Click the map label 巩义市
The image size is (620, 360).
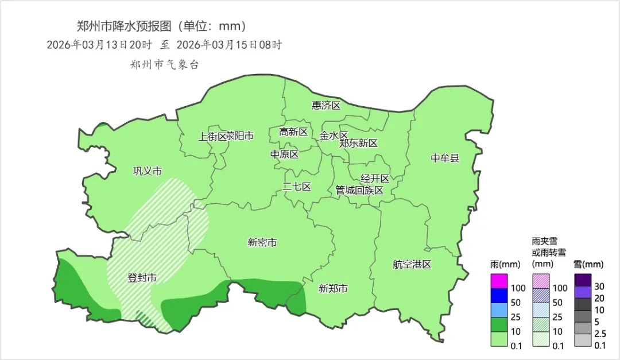pyautogui.click(x=148, y=171)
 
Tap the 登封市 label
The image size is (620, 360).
pyautogui.click(x=142, y=278)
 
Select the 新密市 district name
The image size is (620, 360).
pyautogui.click(x=262, y=243)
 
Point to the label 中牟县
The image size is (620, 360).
pyautogui.click(x=445, y=158)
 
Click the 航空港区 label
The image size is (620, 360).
pyautogui.click(x=412, y=265)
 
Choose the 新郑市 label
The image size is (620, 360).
pyautogui.click(x=333, y=289)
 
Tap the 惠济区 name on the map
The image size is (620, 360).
pyautogui.click(x=326, y=106)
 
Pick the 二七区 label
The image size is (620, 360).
pyautogui.click(x=297, y=187)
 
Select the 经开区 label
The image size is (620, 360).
pyautogui.click(x=375, y=179)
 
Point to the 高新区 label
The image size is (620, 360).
pyautogui.click(x=293, y=132)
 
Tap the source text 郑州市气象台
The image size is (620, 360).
pyautogui.click(x=164, y=65)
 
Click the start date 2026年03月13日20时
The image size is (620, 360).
pyautogui.click(x=99, y=45)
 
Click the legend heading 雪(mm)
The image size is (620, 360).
pyautogui.click(x=588, y=265)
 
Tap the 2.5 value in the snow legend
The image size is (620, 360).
pyautogui.click(x=599, y=333)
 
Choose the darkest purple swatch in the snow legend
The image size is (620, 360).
pyautogui.click(x=583, y=280)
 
